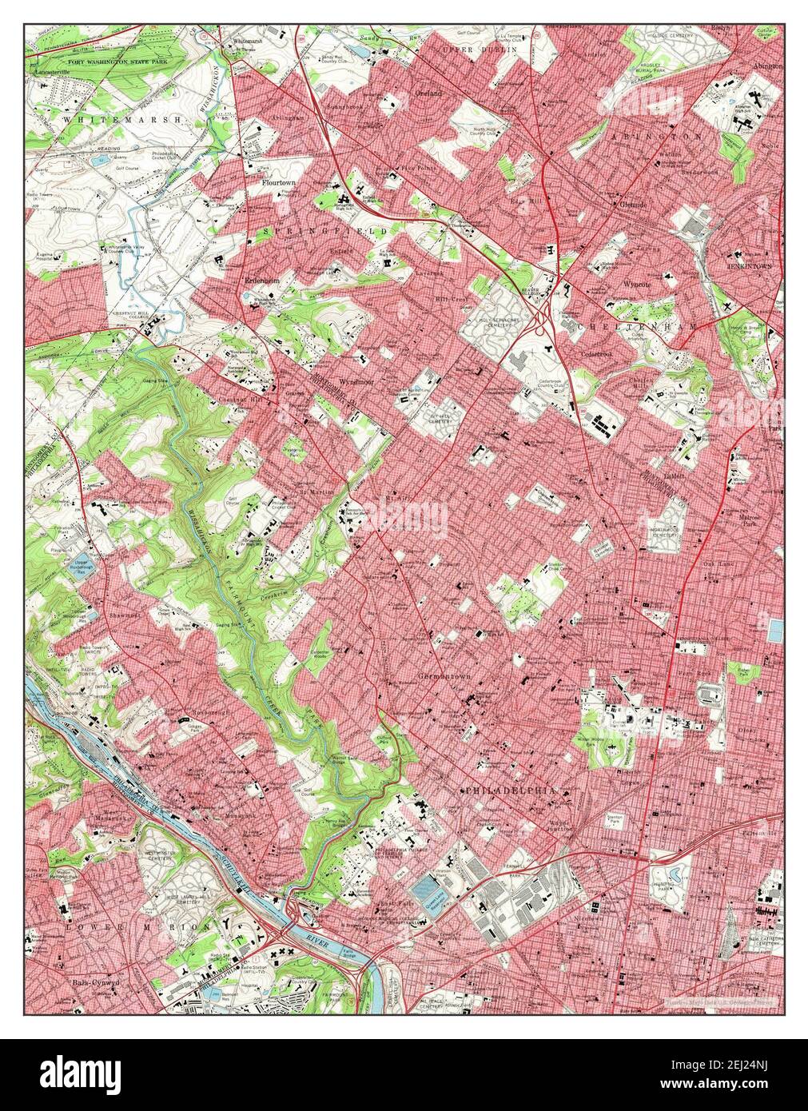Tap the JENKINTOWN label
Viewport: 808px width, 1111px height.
tap(750, 265)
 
